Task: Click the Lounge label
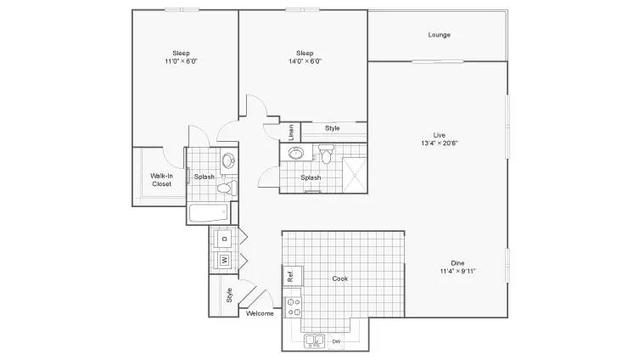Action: click(439, 35)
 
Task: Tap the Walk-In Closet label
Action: click(162, 180)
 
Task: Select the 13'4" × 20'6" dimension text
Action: click(440, 143)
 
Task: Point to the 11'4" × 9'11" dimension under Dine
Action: click(457, 271)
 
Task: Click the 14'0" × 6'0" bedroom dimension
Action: click(305, 61)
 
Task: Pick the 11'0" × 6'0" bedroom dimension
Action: click(181, 61)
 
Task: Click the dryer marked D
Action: click(224, 239)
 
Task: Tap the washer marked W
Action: click(225, 260)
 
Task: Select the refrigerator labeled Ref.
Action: click(293, 276)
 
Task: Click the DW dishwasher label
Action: click(336, 341)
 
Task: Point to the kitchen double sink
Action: click(314, 340)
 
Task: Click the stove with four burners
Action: click(293, 307)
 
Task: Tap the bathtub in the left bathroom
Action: click(209, 213)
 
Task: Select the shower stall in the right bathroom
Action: click(354, 174)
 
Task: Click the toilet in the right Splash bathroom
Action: click(326, 154)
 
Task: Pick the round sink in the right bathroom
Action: click(296, 154)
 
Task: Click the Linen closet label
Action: click(291, 132)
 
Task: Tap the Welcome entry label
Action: click(260, 313)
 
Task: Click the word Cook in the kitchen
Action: click(340, 278)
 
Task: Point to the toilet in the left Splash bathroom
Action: click(227, 188)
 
